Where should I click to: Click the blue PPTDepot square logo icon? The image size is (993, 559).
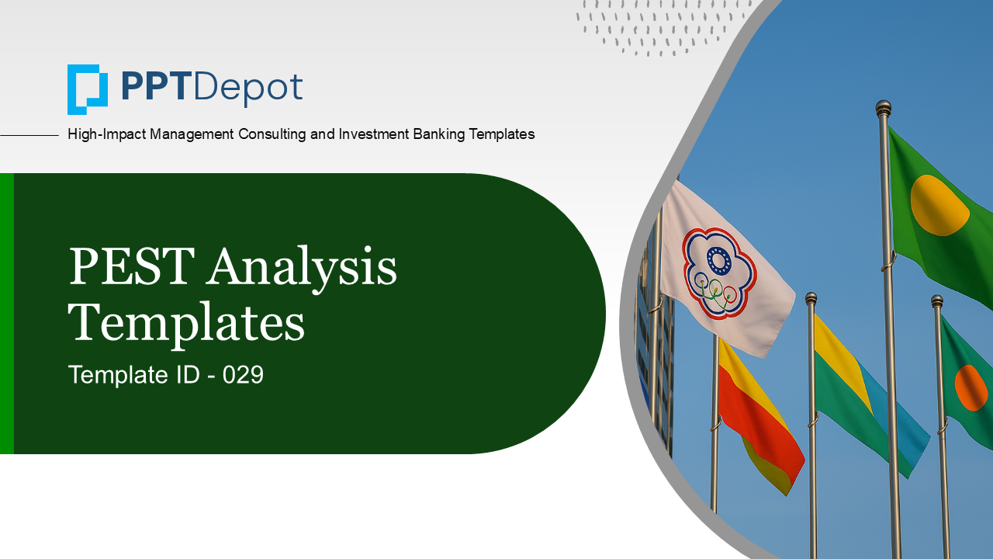pyautogui.click(x=88, y=89)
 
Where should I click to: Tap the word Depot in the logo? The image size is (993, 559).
pyautogui.click(x=247, y=89)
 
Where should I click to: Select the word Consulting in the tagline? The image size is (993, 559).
pyautogui.click(x=272, y=134)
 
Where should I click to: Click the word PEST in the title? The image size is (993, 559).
pyautogui.click(x=132, y=266)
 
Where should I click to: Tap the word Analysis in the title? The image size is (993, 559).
pyautogui.click(x=303, y=269)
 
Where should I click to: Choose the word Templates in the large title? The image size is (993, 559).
pyautogui.click(x=186, y=323)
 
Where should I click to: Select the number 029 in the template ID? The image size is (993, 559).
pyautogui.click(x=243, y=375)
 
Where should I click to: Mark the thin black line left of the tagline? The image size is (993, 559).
pyautogui.click(x=29, y=135)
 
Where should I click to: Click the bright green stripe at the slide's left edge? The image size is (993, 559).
pyautogui.click(x=7, y=313)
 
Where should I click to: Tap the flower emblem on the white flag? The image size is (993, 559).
pyautogui.click(x=719, y=273)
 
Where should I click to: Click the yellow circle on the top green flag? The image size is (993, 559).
pyautogui.click(x=939, y=205)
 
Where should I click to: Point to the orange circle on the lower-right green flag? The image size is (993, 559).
pyautogui.click(x=971, y=387)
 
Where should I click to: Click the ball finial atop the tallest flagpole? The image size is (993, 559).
pyautogui.click(x=883, y=108)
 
